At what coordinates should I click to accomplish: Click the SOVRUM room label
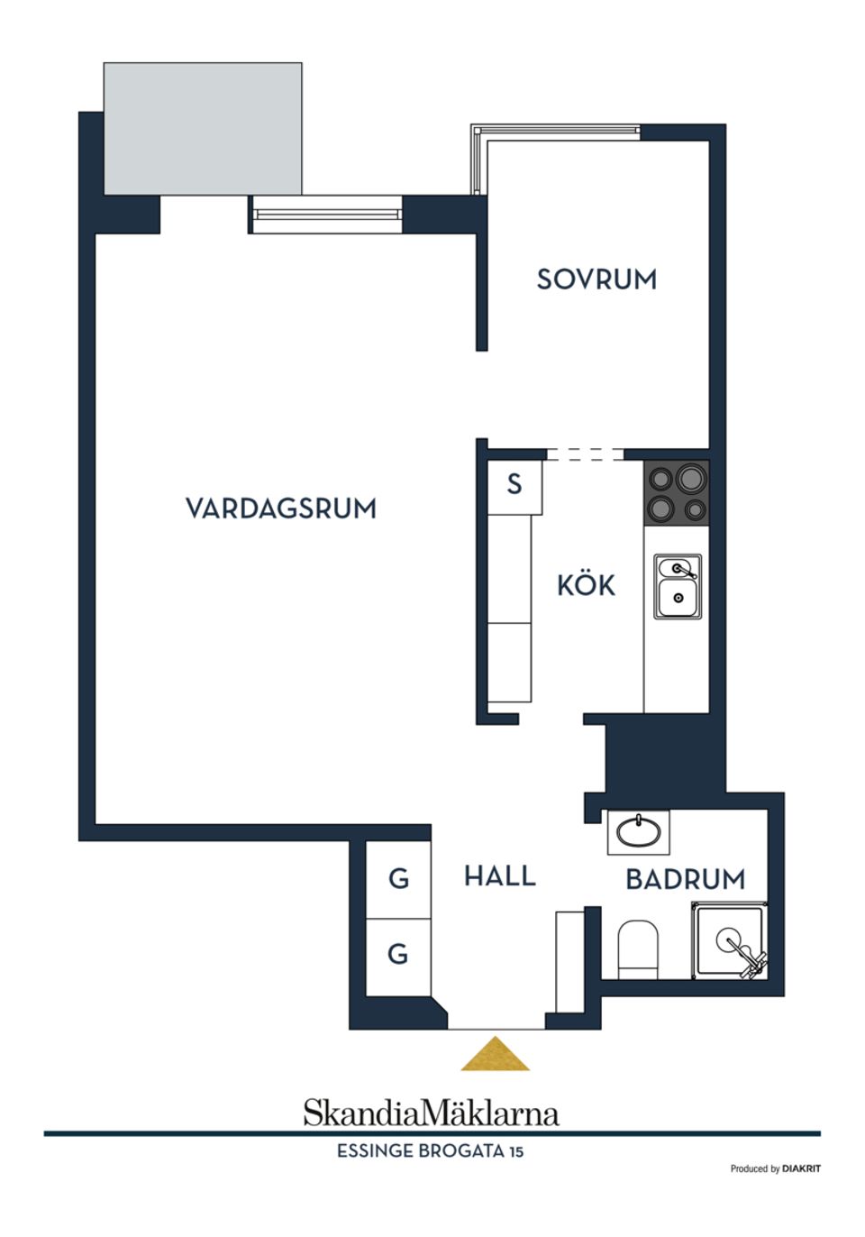point(596,279)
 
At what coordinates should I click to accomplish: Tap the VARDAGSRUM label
point(281,509)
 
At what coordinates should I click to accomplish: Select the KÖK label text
point(586,586)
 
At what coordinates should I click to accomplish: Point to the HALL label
point(500,875)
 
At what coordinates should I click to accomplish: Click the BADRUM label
point(686,879)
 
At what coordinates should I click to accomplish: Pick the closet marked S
point(514,485)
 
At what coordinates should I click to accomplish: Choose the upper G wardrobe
point(398,879)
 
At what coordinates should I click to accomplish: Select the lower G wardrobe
point(398,954)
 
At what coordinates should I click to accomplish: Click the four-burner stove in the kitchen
point(677,493)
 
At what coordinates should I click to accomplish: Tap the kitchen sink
point(678,586)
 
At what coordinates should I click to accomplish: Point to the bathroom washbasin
point(638,832)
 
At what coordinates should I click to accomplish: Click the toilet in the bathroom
point(638,948)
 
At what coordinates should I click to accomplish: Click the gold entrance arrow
point(495,1055)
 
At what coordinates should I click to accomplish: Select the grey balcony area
point(203,128)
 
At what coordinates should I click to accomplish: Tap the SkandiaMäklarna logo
point(431,1113)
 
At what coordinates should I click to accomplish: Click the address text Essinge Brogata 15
point(430,1151)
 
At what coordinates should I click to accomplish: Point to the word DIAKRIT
point(801,1168)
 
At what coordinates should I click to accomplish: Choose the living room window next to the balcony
point(326,215)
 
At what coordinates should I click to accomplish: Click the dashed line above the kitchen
point(585,454)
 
